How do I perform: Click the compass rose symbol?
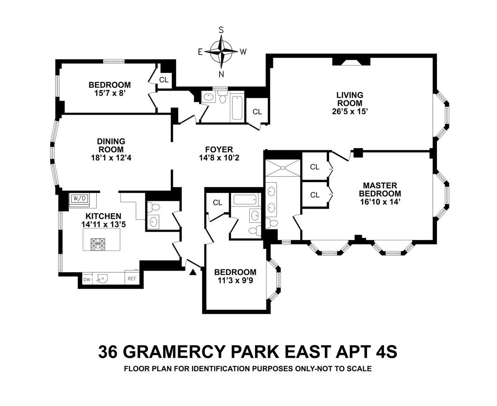(x=222, y=52)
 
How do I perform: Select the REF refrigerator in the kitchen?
(x=132, y=279)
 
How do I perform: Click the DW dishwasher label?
(x=87, y=280)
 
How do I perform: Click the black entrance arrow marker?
(x=193, y=272)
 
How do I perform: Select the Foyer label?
(x=219, y=149)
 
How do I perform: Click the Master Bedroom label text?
(x=380, y=190)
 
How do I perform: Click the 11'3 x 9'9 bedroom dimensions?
(x=235, y=280)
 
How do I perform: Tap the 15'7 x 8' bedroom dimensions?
(x=109, y=93)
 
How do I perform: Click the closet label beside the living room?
(x=257, y=112)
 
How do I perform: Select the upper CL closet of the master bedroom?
(x=315, y=167)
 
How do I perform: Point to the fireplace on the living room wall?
(x=351, y=62)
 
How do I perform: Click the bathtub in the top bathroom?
(x=237, y=108)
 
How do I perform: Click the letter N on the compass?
(x=222, y=74)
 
